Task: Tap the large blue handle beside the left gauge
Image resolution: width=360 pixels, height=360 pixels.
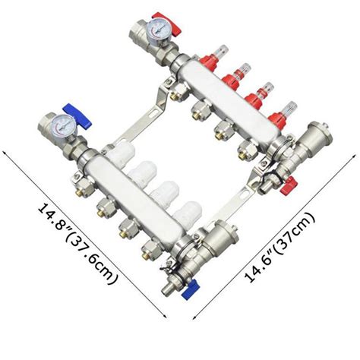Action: (77, 115)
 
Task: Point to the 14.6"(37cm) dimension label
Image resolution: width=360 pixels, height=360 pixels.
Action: (279, 247)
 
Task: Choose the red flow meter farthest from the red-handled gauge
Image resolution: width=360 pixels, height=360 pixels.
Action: (282, 116)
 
